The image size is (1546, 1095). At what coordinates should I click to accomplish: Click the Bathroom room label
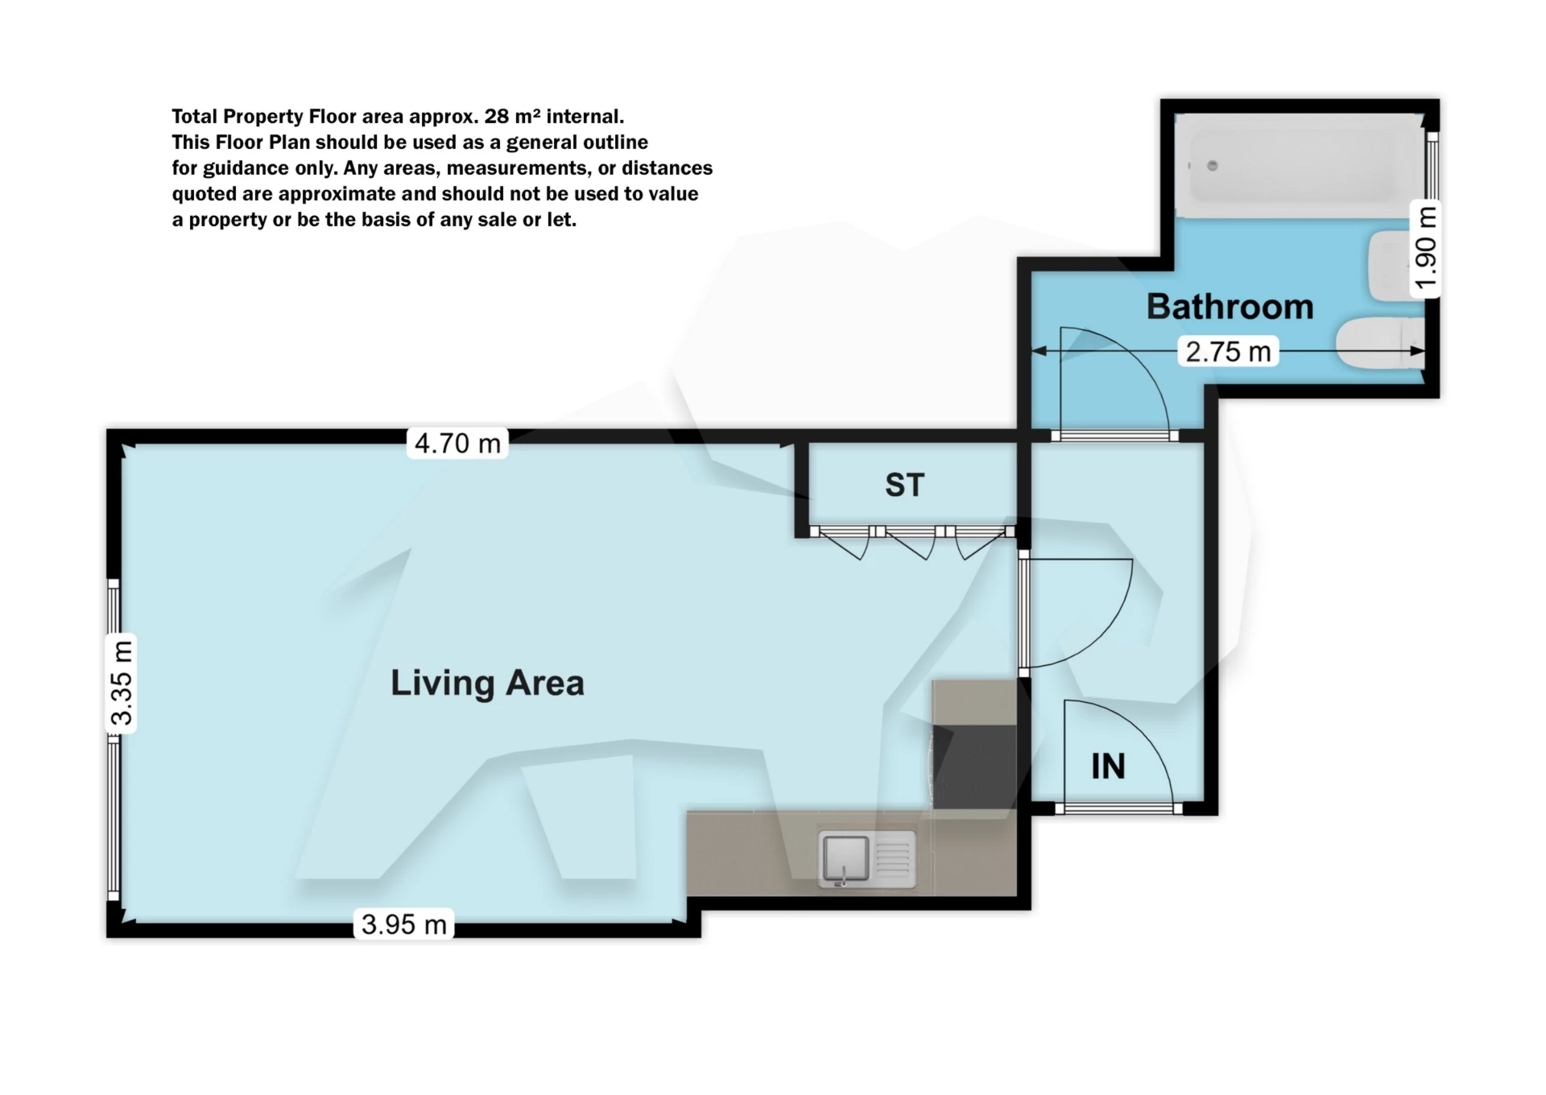pos(1229,307)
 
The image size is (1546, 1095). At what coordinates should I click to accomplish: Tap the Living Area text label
pos(487,683)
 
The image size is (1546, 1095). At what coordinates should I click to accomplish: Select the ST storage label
pos(904,485)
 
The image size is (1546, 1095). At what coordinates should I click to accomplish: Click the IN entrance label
pos(1108,766)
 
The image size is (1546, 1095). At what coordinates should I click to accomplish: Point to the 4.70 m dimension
pos(457,443)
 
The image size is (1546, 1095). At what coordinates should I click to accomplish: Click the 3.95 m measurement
pos(403,924)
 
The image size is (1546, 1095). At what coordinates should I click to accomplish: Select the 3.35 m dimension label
pos(121,683)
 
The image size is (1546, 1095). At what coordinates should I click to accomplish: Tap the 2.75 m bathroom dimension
pos(1228,351)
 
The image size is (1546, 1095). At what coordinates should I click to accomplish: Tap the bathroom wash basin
pos(1387,265)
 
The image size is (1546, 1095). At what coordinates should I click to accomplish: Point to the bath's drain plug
pos(1212,166)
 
